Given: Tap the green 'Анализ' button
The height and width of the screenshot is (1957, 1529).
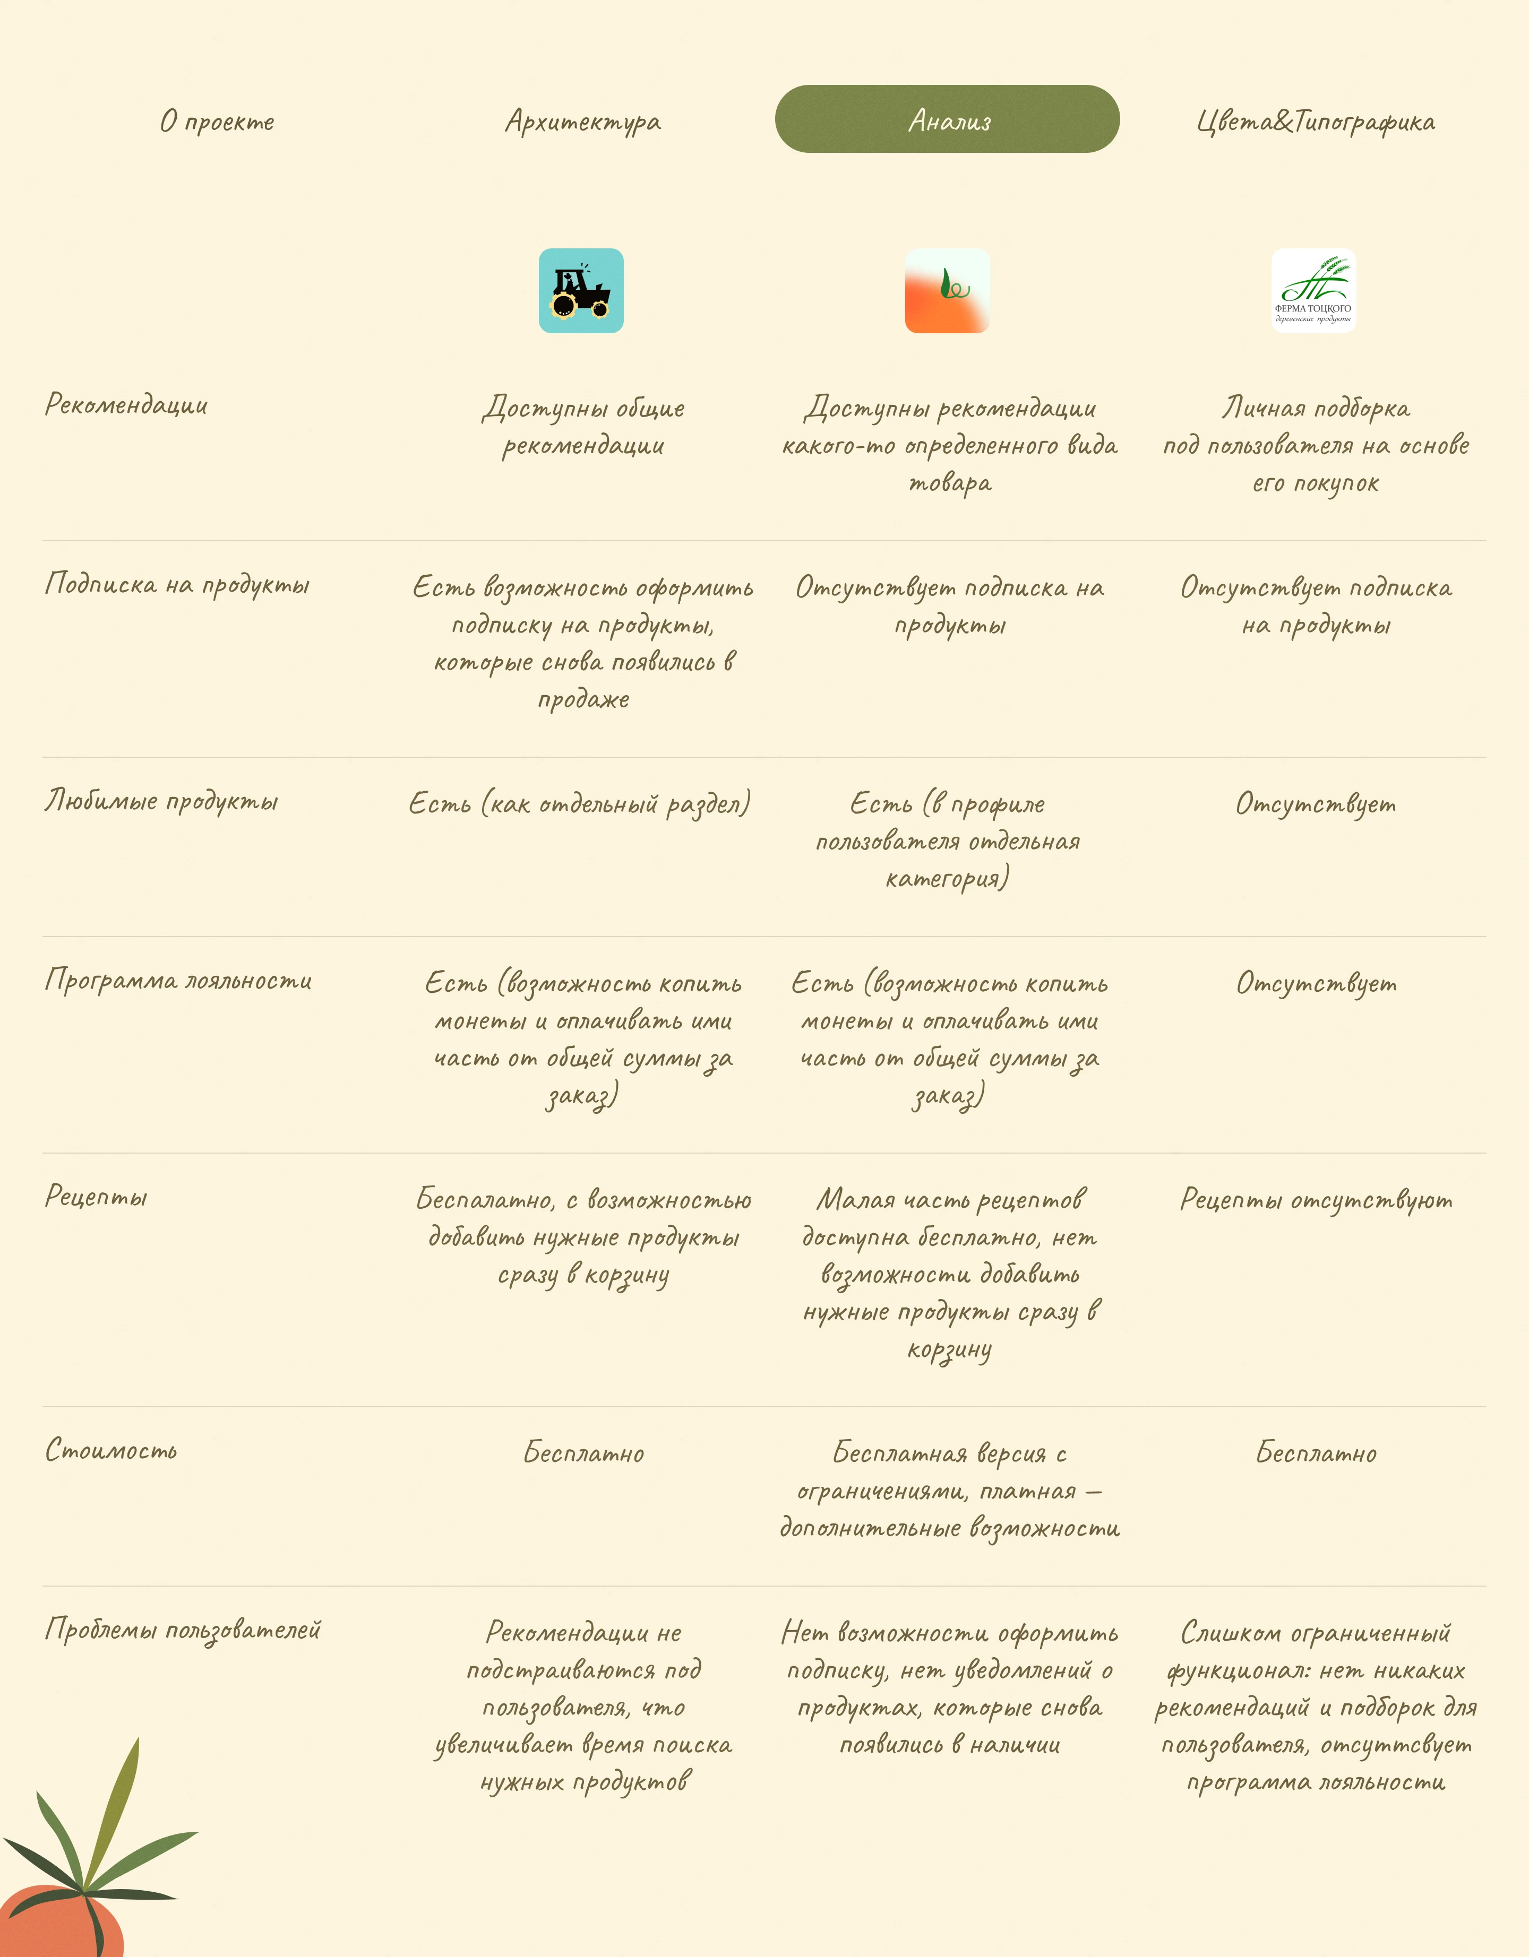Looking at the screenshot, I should click(x=947, y=119).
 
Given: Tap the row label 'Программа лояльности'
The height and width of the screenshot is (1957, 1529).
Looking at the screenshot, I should click(x=178, y=980).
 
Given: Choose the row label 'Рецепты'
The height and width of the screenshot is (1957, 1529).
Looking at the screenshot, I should click(x=96, y=1196).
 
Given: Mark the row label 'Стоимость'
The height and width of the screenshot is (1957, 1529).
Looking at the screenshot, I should click(x=111, y=1450).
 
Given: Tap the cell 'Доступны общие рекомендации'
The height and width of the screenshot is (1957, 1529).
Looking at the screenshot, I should click(x=582, y=427).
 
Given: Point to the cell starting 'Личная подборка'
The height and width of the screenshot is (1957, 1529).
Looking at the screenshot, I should click(x=1315, y=445).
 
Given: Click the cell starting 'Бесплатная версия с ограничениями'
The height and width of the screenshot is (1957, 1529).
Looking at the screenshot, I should click(x=949, y=1490).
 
